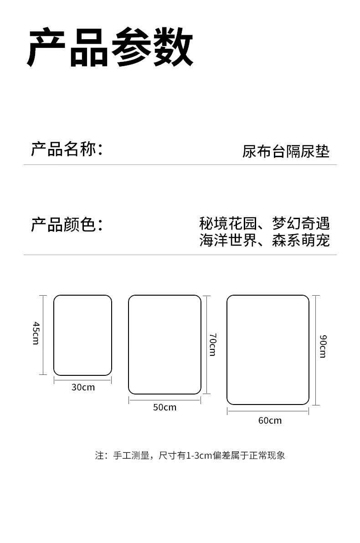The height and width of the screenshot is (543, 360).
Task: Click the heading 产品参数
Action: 111,48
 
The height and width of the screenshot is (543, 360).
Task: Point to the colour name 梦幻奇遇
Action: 301,224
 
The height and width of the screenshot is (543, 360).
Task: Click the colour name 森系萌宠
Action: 301,240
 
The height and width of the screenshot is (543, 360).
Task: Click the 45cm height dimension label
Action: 36,333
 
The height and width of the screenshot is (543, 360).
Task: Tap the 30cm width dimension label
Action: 83,387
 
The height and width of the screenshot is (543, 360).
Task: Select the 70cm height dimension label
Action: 213,344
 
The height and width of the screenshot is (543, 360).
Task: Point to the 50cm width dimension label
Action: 165,407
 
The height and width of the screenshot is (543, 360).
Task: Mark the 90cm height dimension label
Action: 323,346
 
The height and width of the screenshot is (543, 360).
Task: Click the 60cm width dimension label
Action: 270,420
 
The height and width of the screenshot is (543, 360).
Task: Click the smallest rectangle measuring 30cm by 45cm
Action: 82,335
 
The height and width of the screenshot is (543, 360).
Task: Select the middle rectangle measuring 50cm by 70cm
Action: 165,344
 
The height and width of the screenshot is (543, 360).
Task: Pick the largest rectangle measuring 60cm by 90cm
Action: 268,349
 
